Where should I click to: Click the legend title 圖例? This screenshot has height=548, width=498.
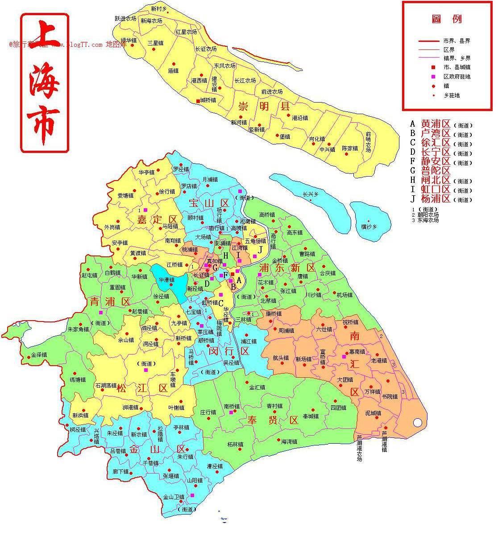coord(446,19)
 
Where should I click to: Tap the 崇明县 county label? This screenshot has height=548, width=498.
coord(264,107)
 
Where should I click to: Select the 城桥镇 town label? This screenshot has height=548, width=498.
coord(208,101)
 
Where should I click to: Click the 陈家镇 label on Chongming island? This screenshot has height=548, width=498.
coord(350,148)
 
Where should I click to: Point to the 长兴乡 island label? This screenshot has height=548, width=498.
coord(311,194)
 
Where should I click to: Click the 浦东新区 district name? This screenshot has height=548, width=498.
coord(287,268)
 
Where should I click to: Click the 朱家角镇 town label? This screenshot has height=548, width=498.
coord(78,330)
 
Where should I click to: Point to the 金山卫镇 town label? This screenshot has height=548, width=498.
coord(174,497)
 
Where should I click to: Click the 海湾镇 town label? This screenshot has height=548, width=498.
coord(289,442)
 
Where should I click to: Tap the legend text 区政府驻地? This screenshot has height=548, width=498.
coord(456,76)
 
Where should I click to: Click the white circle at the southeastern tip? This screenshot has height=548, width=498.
coord(418,422)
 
